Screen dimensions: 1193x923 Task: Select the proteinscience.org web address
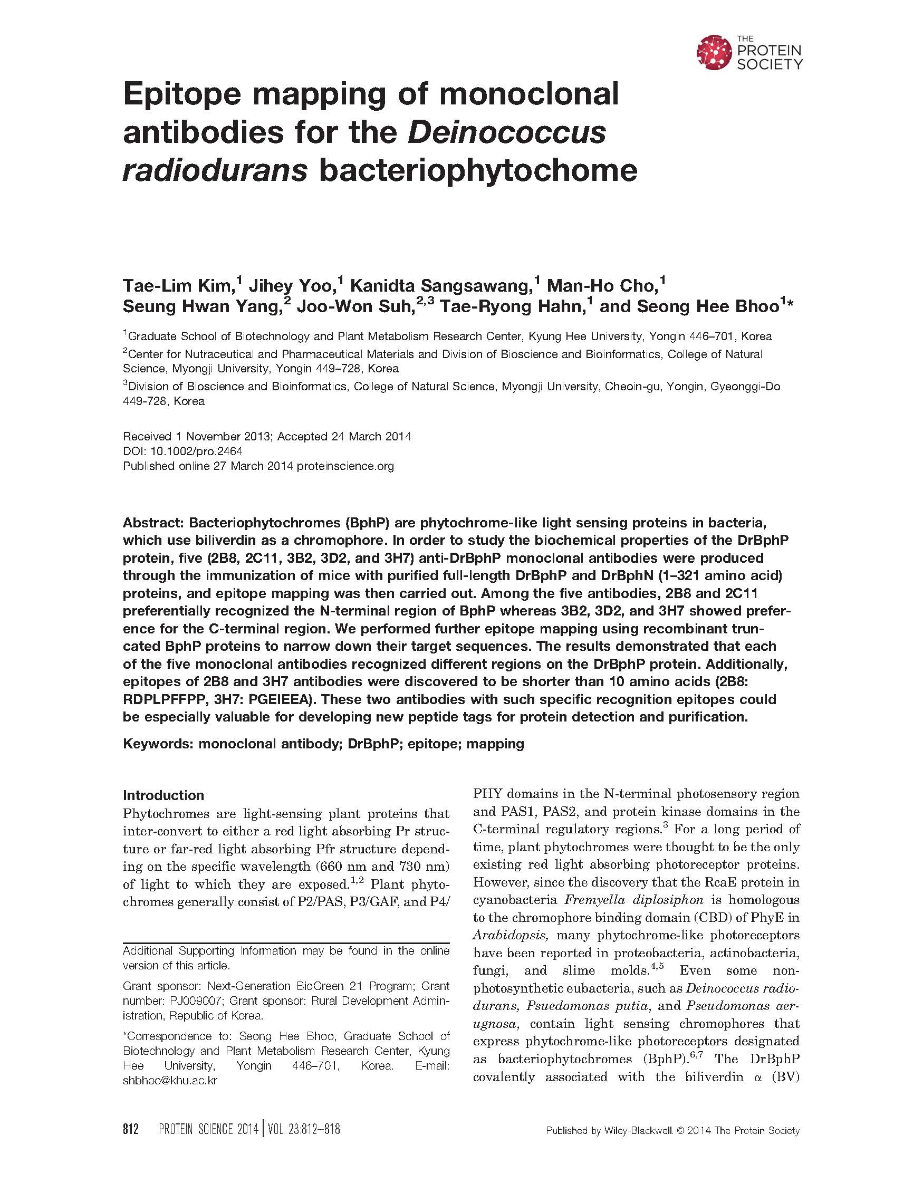345,466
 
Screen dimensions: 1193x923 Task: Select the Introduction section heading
164,795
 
